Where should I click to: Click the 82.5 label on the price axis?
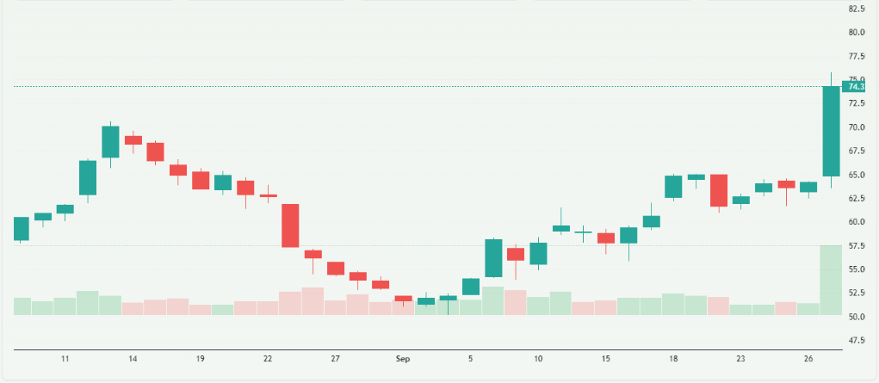[x=856, y=9]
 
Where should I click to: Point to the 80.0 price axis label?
[x=856, y=33]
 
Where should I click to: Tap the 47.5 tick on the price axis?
[x=856, y=340]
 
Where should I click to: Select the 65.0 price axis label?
[x=856, y=175]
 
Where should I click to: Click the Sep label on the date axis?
[x=401, y=357]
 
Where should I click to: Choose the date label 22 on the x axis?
[x=268, y=357]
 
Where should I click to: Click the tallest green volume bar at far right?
[x=831, y=280]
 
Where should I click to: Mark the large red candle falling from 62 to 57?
[x=290, y=225]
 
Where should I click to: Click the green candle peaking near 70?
[x=110, y=142]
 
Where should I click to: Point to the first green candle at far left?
[x=22, y=228]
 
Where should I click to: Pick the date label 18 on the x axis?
[x=672, y=357]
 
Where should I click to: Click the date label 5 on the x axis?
[x=470, y=357]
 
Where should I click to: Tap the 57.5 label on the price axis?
[x=856, y=245]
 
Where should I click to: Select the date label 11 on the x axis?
[x=65, y=357]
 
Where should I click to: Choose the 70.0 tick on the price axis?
[x=856, y=127]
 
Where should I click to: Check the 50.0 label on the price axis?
[x=856, y=317]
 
